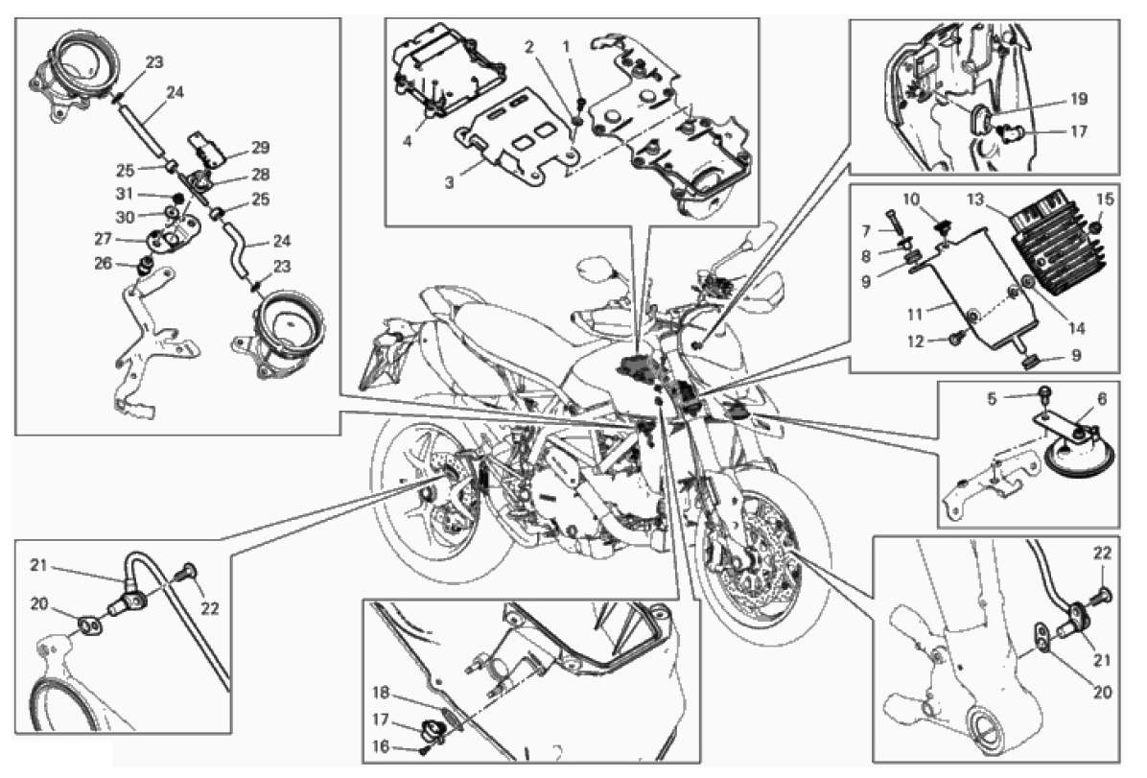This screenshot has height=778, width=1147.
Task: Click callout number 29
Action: click(x=261, y=148)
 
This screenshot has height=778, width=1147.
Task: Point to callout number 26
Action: click(x=104, y=263)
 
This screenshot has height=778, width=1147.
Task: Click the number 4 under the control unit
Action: click(x=408, y=140)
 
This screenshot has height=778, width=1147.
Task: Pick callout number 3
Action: click(x=449, y=182)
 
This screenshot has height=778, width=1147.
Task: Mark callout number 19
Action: click(x=1079, y=99)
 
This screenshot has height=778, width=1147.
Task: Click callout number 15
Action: click(x=1105, y=200)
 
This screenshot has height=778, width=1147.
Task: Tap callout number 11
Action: click(x=915, y=315)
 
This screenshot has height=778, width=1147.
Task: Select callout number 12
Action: click(x=916, y=342)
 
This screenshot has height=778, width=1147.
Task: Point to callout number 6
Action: click(x=1102, y=399)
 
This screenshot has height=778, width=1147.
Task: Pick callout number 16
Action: click(x=381, y=747)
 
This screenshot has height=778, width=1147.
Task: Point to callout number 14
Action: click(x=1077, y=329)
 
